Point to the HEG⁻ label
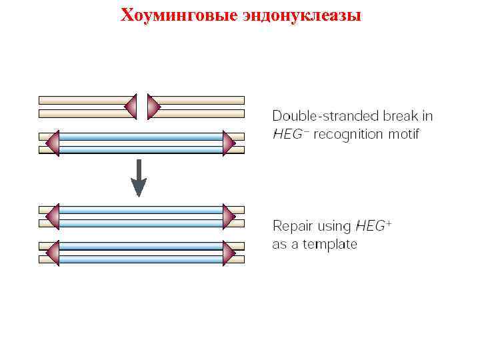291,134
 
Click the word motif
403,134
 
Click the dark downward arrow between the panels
138,179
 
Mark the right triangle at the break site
153,106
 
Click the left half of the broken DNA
83,106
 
